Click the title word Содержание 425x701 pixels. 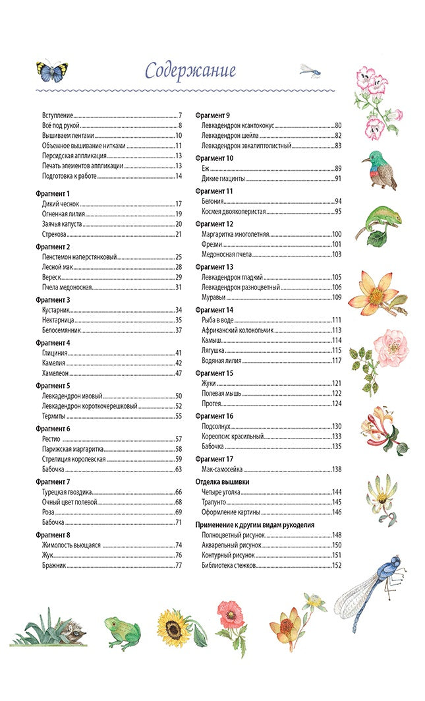(x=190, y=70)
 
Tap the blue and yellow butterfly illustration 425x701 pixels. (x=51, y=69)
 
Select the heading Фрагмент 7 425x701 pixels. (x=53, y=481)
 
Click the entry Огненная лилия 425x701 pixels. (x=66, y=214)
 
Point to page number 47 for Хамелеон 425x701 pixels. (x=178, y=373)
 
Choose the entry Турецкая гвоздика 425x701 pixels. (x=67, y=492)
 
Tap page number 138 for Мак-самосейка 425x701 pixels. (x=337, y=470)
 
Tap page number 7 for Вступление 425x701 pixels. (x=180, y=115)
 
